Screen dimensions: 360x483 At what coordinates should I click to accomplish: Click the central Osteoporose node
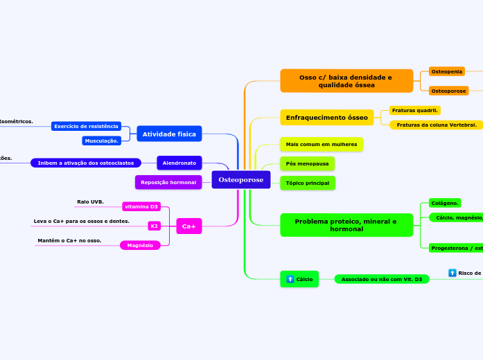pos(240,180)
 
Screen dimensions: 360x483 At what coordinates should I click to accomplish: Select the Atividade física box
pos(169,134)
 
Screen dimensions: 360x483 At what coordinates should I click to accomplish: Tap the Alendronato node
pos(179,163)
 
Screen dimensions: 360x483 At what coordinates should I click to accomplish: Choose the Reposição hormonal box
pos(168,182)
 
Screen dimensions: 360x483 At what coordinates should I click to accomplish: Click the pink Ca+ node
pos(188,226)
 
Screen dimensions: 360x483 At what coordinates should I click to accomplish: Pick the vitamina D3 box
pos(141,206)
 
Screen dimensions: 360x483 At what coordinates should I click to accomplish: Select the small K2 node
pos(155,226)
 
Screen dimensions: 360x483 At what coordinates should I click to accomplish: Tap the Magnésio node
pos(140,245)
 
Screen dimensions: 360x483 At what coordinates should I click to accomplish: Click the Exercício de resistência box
pos(86,126)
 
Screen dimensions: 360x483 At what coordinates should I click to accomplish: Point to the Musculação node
pos(102,141)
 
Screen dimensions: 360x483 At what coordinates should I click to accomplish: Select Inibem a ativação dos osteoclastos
pos(86,163)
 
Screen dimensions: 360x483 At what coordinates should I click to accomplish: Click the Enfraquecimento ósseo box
pos(326,118)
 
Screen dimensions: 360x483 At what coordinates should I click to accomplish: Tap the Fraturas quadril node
pos(415,110)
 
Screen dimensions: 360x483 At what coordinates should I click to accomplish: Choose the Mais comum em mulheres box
pos(321,145)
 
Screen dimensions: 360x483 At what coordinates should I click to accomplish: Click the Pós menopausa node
pos(307,163)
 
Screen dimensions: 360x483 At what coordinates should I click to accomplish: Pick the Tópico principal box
pos(307,183)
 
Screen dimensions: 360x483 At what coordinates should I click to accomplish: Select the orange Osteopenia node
pos(446,71)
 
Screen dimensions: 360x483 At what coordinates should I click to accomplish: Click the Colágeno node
pos(444,203)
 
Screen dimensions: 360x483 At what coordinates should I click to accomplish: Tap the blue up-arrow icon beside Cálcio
pos(290,280)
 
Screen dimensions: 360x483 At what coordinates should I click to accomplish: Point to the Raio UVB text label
pos(90,201)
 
